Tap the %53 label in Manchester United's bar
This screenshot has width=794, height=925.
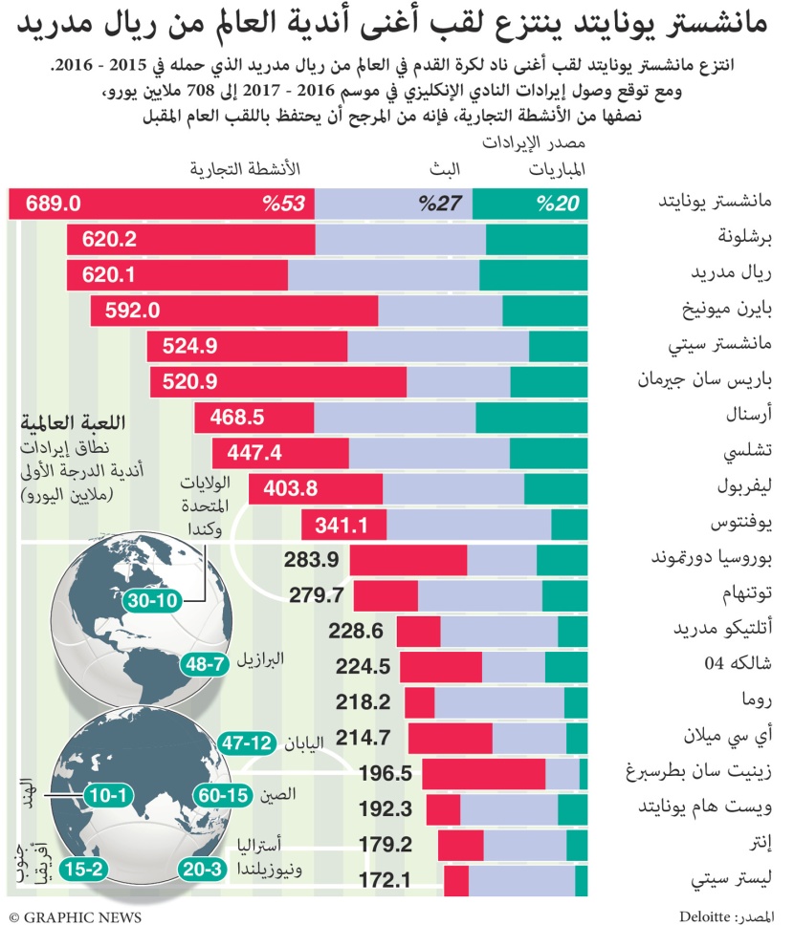[x=284, y=204]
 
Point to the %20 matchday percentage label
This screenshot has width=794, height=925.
[x=560, y=204]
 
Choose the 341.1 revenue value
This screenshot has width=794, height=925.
[x=342, y=524]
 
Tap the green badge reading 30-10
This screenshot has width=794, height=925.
[x=150, y=601]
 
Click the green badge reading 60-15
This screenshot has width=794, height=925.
[x=222, y=794]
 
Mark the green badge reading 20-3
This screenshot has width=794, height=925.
[x=203, y=869]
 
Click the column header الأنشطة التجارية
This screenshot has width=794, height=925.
[x=245, y=169]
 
